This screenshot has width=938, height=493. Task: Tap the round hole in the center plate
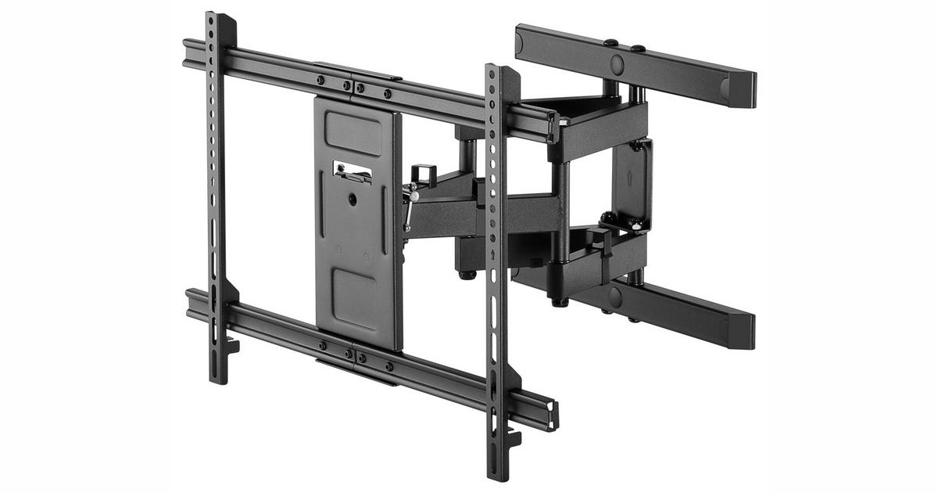(x=353, y=200)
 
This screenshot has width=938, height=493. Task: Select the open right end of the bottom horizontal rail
(x=552, y=416)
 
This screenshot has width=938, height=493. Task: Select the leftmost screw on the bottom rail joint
(x=322, y=345)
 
